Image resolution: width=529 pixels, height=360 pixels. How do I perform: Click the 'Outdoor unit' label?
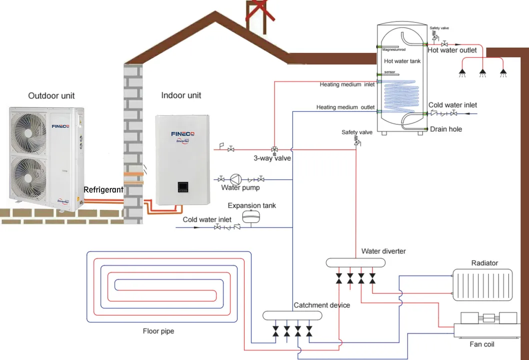tap(51, 95)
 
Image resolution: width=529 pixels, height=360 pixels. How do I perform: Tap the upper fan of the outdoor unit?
tap(29, 131)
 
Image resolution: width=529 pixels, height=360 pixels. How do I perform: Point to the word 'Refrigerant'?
tap(103, 190)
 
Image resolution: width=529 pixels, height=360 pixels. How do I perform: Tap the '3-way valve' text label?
tap(272, 158)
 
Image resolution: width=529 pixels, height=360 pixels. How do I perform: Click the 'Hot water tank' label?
tap(403, 61)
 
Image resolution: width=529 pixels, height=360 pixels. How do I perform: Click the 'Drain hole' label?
tap(446, 129)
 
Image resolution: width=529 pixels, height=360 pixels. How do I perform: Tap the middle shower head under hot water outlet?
tap(483, 72)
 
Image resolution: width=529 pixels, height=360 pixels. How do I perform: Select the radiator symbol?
tap(482, 284)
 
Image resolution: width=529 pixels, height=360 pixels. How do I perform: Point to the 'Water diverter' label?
tap(384, 251)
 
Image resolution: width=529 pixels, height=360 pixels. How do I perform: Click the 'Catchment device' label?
tap(321, 305)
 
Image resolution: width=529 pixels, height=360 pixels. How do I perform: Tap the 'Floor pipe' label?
tap(158, 331)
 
